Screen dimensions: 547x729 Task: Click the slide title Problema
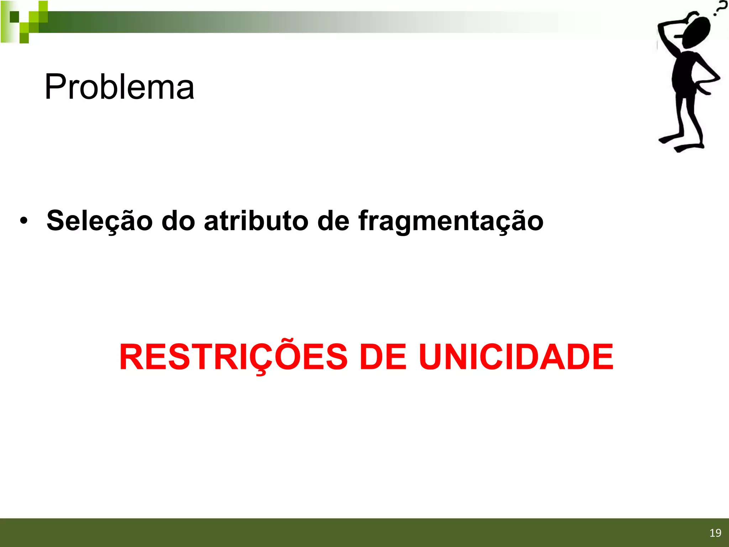[119, 87]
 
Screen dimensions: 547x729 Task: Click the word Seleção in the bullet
[99, 221]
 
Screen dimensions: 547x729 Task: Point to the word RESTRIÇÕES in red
[233, 357]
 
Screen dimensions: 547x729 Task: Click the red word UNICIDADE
[516, 357]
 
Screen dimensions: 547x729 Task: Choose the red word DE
[383, 357]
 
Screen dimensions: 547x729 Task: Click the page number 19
[715, 533]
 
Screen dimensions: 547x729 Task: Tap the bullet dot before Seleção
[23, 221]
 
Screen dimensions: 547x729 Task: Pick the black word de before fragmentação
[333, 221]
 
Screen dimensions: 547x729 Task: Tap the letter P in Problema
[56, 87]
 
